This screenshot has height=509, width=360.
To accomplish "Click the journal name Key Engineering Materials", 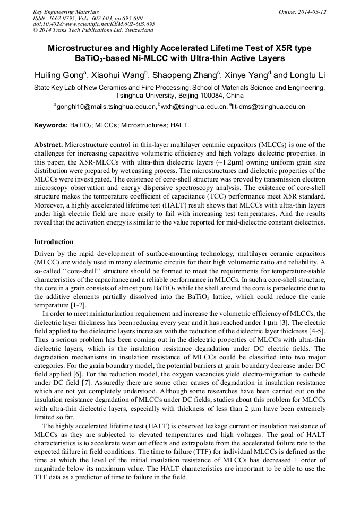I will tap(66, 12).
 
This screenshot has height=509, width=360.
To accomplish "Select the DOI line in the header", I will tap(94, 24).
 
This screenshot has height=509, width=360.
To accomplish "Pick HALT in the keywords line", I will tap(179, 126).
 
